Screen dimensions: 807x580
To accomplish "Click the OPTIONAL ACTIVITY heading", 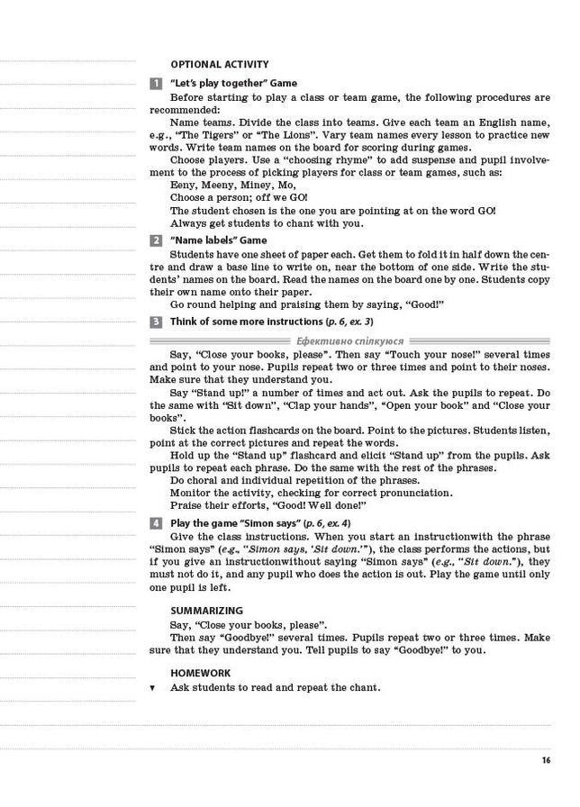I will [219, 64].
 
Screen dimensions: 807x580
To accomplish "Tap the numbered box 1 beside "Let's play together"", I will [156, 83].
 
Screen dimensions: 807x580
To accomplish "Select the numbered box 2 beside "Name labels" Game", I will [156, 240].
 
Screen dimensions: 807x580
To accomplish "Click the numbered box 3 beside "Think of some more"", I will [156, 322].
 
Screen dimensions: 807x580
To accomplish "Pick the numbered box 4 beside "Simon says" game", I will [156, 523].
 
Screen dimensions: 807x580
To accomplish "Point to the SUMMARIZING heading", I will [206, 611].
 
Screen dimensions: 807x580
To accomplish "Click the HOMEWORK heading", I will [200, 673].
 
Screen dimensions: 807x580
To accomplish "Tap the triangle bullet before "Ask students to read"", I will [152, 688].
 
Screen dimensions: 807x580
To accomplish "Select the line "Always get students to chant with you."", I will [267, 223].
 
